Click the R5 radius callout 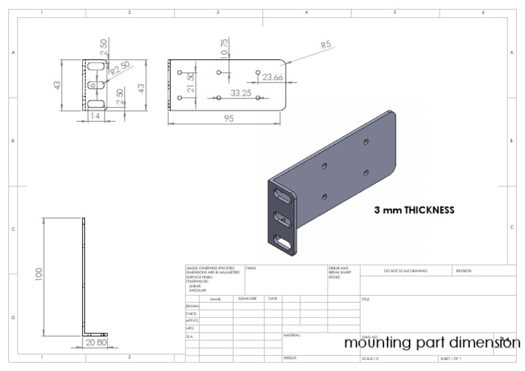[327, 45]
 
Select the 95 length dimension [228, 118]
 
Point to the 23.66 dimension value [272, 77]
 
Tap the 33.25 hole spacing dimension [241, 92]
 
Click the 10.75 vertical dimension [224, 48]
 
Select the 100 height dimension [40, 274]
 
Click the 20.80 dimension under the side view [96, 342]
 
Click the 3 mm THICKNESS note [414, 210]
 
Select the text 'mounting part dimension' [431, 342]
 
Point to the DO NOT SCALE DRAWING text [405, 271]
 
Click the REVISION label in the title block [463, 271]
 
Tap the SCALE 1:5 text [371, 358]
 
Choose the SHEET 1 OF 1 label [450, 358]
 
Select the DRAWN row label [192, 306]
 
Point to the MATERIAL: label [292, 335]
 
